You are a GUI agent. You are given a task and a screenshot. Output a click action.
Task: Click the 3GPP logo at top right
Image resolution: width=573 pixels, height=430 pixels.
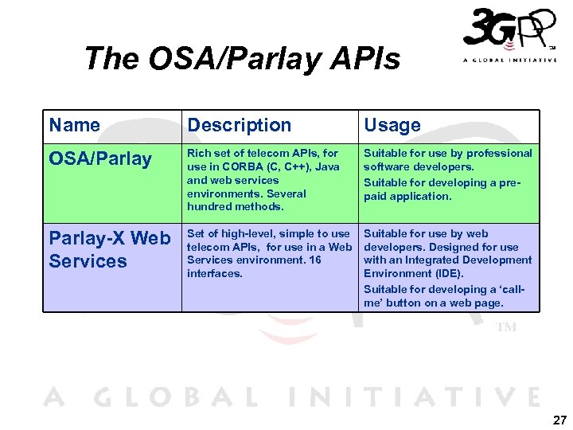point(509,37)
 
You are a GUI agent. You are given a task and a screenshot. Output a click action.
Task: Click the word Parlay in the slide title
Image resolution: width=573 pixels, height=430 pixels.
point(259,58)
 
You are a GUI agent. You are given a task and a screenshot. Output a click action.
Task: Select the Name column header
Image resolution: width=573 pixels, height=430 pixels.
point(75,125)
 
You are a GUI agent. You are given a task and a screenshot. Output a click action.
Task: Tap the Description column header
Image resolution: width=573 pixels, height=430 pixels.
point(239,125)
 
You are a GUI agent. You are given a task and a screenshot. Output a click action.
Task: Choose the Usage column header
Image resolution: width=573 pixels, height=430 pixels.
point(392,125)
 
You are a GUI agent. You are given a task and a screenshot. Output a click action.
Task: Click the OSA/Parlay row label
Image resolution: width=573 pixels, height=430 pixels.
point(100,158)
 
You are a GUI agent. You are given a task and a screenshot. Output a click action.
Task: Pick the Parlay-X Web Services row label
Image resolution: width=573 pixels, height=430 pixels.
point(110,249)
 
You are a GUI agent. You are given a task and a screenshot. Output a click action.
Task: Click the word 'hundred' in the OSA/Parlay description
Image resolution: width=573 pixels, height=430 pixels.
point(207,207)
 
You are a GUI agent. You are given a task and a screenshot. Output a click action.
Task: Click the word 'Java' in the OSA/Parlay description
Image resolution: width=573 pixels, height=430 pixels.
point(326,166)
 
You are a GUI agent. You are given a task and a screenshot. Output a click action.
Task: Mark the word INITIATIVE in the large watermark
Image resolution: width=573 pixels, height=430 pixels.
point(413,397)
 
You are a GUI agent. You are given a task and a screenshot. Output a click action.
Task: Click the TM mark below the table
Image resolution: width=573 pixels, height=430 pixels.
point(506,326)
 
